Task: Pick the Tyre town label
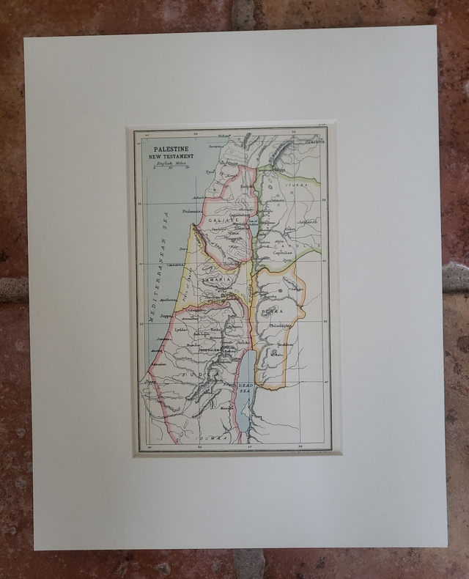point(211,172)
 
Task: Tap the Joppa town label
point(169,315)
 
